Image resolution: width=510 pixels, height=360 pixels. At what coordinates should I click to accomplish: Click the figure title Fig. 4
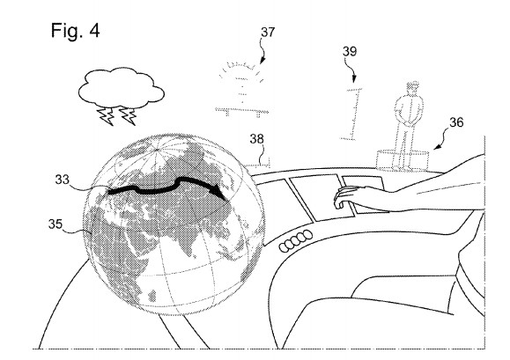[75, 31]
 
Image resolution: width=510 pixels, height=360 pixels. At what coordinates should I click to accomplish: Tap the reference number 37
[268, 33]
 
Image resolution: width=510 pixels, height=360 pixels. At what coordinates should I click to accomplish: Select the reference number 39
[350, 51]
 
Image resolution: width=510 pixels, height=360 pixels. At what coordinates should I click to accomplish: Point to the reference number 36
[456, 122]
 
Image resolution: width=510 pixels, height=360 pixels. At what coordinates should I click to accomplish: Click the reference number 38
[256, 139]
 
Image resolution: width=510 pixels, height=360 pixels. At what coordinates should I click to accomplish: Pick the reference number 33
[63, 180]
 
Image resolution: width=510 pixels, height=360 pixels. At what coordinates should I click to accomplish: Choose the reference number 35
[55, 224]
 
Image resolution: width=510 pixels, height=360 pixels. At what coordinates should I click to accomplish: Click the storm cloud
[122, 88]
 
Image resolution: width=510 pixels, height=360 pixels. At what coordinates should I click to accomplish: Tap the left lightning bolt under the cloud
[106, 116]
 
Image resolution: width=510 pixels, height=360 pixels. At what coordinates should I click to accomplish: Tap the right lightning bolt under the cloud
[128, 116]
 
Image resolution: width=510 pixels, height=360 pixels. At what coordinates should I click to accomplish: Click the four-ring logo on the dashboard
[296, 241]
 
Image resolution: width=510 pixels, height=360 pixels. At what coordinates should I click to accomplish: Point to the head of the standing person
[412, 89]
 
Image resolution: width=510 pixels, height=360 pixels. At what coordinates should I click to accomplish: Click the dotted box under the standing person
[403, 160]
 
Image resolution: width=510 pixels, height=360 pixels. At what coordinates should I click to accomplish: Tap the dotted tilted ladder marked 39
[352, 114]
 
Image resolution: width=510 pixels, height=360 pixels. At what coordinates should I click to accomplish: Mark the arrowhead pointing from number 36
[437, 147]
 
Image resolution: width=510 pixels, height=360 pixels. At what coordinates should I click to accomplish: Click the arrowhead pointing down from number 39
[354, 78]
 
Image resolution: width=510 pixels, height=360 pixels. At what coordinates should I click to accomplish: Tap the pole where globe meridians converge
[158, 150]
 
